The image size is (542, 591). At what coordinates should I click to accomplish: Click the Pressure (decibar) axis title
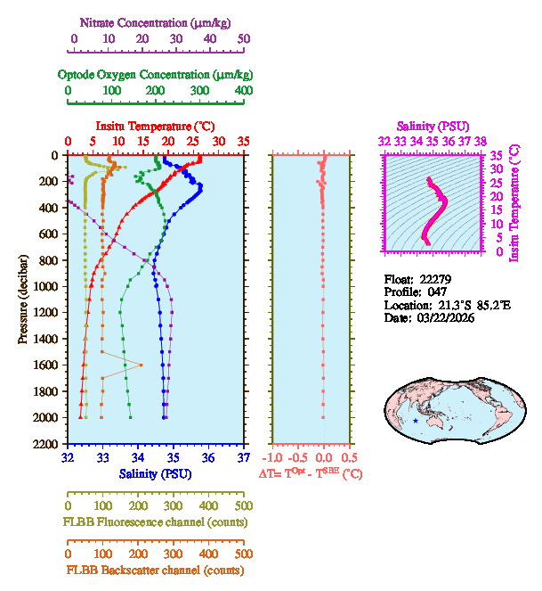tap(24, 300)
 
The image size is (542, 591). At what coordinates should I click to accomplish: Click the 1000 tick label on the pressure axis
tap(46, 286)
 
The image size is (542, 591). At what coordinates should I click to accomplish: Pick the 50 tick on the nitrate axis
tap(244, 38)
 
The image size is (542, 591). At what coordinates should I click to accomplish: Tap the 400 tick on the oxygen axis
tap(244, 90)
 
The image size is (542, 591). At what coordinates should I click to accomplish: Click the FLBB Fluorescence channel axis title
tap(155, 521)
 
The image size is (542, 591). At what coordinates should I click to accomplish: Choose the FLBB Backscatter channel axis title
tap(155, 570)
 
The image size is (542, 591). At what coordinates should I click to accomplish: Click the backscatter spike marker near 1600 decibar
tap(140, 365)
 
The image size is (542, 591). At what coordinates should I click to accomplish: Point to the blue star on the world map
tap(415, 420)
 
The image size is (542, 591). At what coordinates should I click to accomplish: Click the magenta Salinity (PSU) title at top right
tap(432, 127)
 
